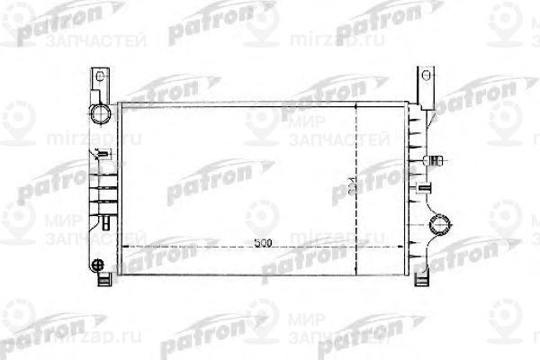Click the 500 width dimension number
[261, 243]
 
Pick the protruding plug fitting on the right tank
[437, 161]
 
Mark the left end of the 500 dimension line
[121, 245]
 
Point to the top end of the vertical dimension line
[357, 103]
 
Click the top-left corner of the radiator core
[120, 103]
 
